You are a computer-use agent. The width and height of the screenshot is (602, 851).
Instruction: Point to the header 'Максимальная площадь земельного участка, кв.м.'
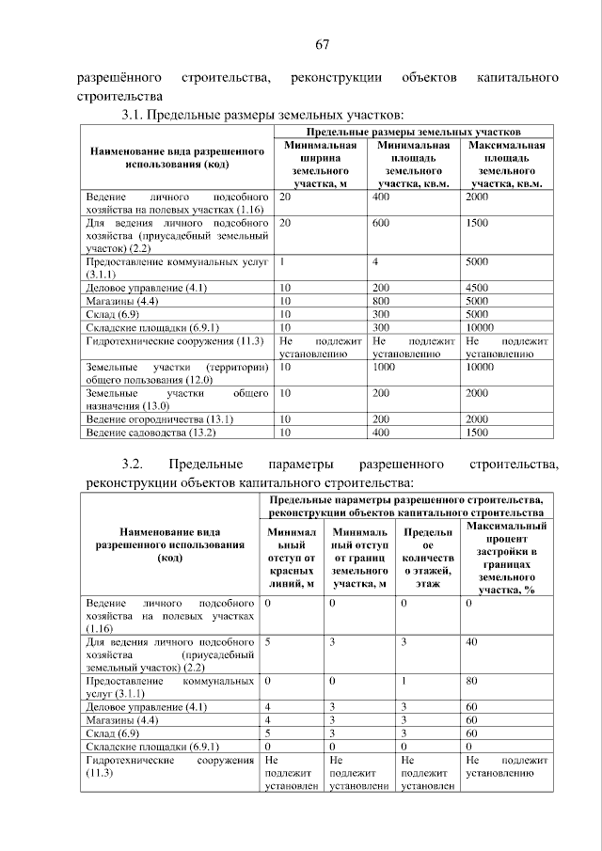508,165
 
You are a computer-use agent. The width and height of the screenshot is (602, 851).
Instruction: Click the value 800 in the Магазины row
381,300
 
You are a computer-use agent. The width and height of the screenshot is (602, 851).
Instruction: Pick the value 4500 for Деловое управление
478,287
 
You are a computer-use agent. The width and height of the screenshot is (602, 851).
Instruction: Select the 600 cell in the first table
381,224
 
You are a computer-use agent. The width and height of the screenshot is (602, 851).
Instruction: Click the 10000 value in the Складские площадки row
481,327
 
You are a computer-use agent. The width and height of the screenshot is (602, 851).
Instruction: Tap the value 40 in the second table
471,640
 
